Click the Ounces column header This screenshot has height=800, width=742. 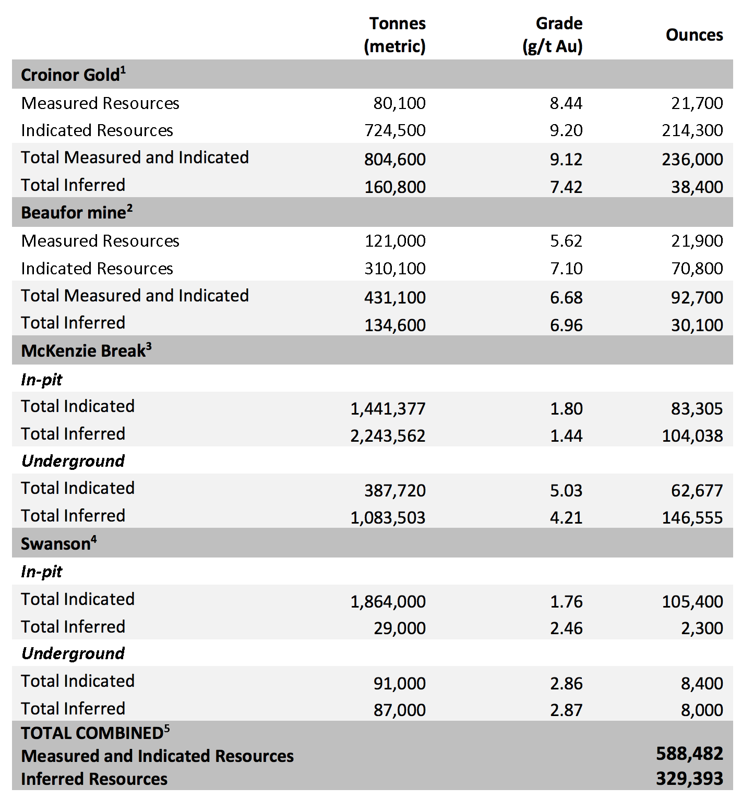coord(694,35)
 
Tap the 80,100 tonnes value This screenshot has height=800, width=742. coord(399,103)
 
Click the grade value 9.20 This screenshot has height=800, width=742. coord(566,130)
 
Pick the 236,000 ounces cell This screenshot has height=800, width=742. coord(692,159)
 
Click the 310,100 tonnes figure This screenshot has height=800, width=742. coord(394,269)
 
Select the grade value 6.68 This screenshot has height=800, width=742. coord(566,297)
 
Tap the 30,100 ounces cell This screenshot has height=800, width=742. coord(697,325)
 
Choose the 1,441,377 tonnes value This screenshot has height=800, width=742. coord(388,408)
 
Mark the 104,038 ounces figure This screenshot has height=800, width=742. coord(692,435)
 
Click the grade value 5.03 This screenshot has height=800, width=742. coord(566,490)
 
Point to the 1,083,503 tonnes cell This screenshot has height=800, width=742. coord(388,517)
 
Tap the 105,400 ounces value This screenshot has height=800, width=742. coord(692,601)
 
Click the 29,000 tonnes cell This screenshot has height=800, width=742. coord(399,628)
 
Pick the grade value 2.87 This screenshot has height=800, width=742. coord(566,710)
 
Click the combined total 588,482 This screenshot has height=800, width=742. coord(689,754)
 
